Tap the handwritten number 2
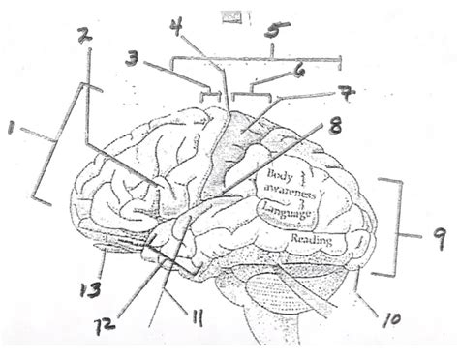pos(84,36)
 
